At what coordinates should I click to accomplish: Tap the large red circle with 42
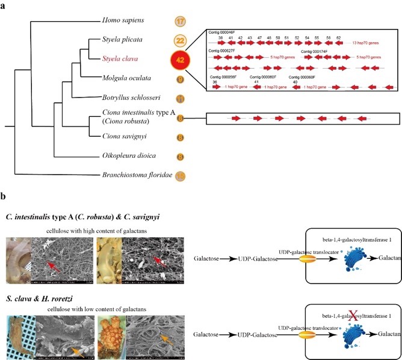pos(181,60)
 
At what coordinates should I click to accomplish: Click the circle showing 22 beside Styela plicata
pos(180,40)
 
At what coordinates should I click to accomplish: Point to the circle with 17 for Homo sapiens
pos(180,21)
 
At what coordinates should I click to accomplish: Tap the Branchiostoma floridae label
pos(135,176)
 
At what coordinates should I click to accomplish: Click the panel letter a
pos(4,4)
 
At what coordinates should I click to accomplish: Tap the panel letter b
pos(4,197)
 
